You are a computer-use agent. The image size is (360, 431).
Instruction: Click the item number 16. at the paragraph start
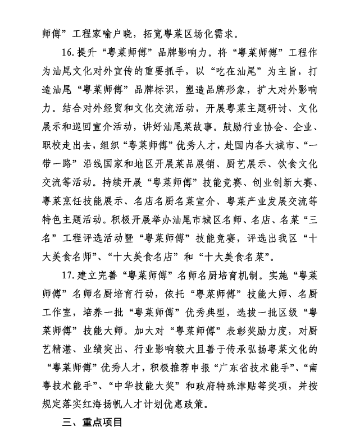(69, 53)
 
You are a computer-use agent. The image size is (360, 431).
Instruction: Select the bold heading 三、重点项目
(92, 421)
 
